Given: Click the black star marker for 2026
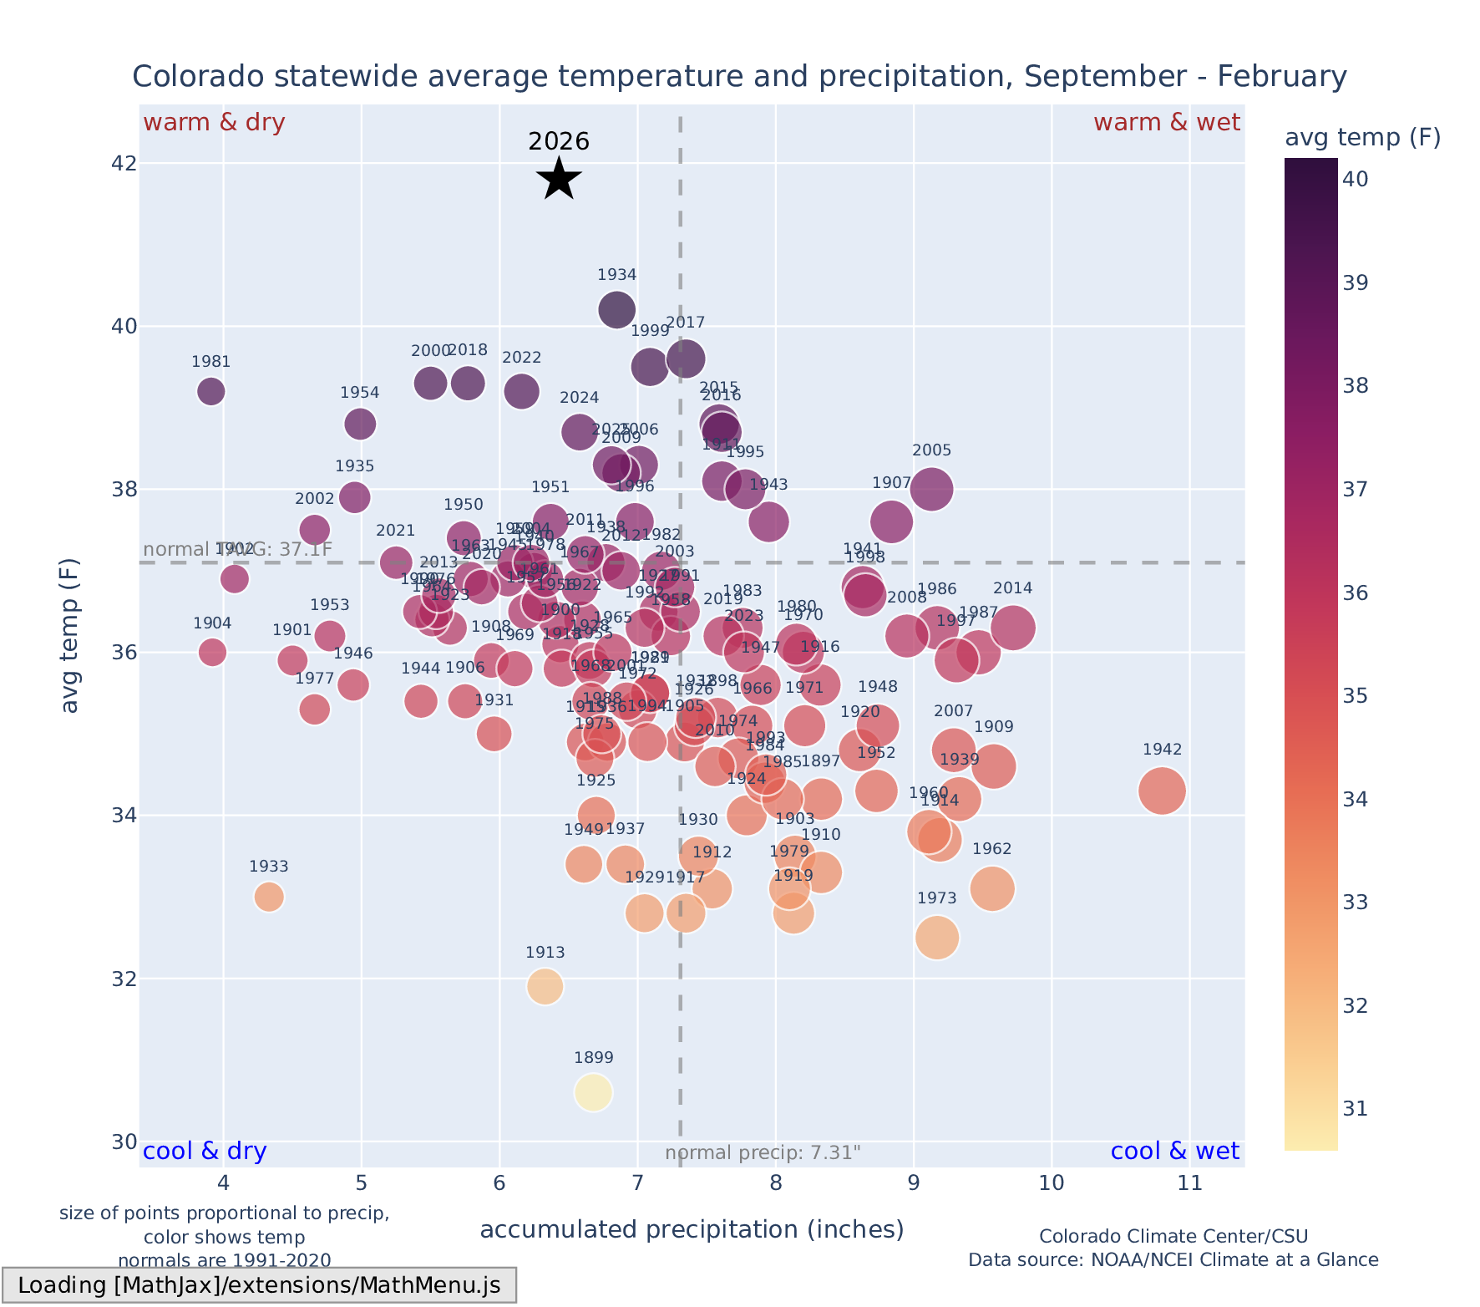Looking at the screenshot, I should click(x=559, y=179).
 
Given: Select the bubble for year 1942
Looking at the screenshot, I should click(x=1162, y=791).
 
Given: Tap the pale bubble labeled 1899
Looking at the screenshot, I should click(x=593, y=1092).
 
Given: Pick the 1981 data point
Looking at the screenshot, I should click(x=211, y=391).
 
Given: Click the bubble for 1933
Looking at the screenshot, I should click(x=268, y=897).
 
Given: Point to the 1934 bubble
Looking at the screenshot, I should click(x=616, y=310).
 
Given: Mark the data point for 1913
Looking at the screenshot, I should click(x=545, y=986).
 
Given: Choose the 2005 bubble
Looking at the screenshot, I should click(x=932, y=489).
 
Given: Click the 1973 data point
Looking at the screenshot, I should click(x=937, y=938).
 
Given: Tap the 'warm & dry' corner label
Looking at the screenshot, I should click(x=215, y=123).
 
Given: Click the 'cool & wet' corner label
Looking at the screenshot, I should click(x=1174, y=1152).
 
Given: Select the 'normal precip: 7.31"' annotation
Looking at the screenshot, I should click(x=763, y=1153).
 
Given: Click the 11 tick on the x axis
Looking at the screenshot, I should click(x=1189, y=1183).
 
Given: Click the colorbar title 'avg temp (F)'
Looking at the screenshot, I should click(x=1362, y=138).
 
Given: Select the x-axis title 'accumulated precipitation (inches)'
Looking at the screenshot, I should click(x=692, y=1229).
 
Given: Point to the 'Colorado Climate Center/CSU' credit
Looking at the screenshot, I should click(x=1173, y=1236).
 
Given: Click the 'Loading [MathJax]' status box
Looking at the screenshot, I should click(x=259, y=1285).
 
